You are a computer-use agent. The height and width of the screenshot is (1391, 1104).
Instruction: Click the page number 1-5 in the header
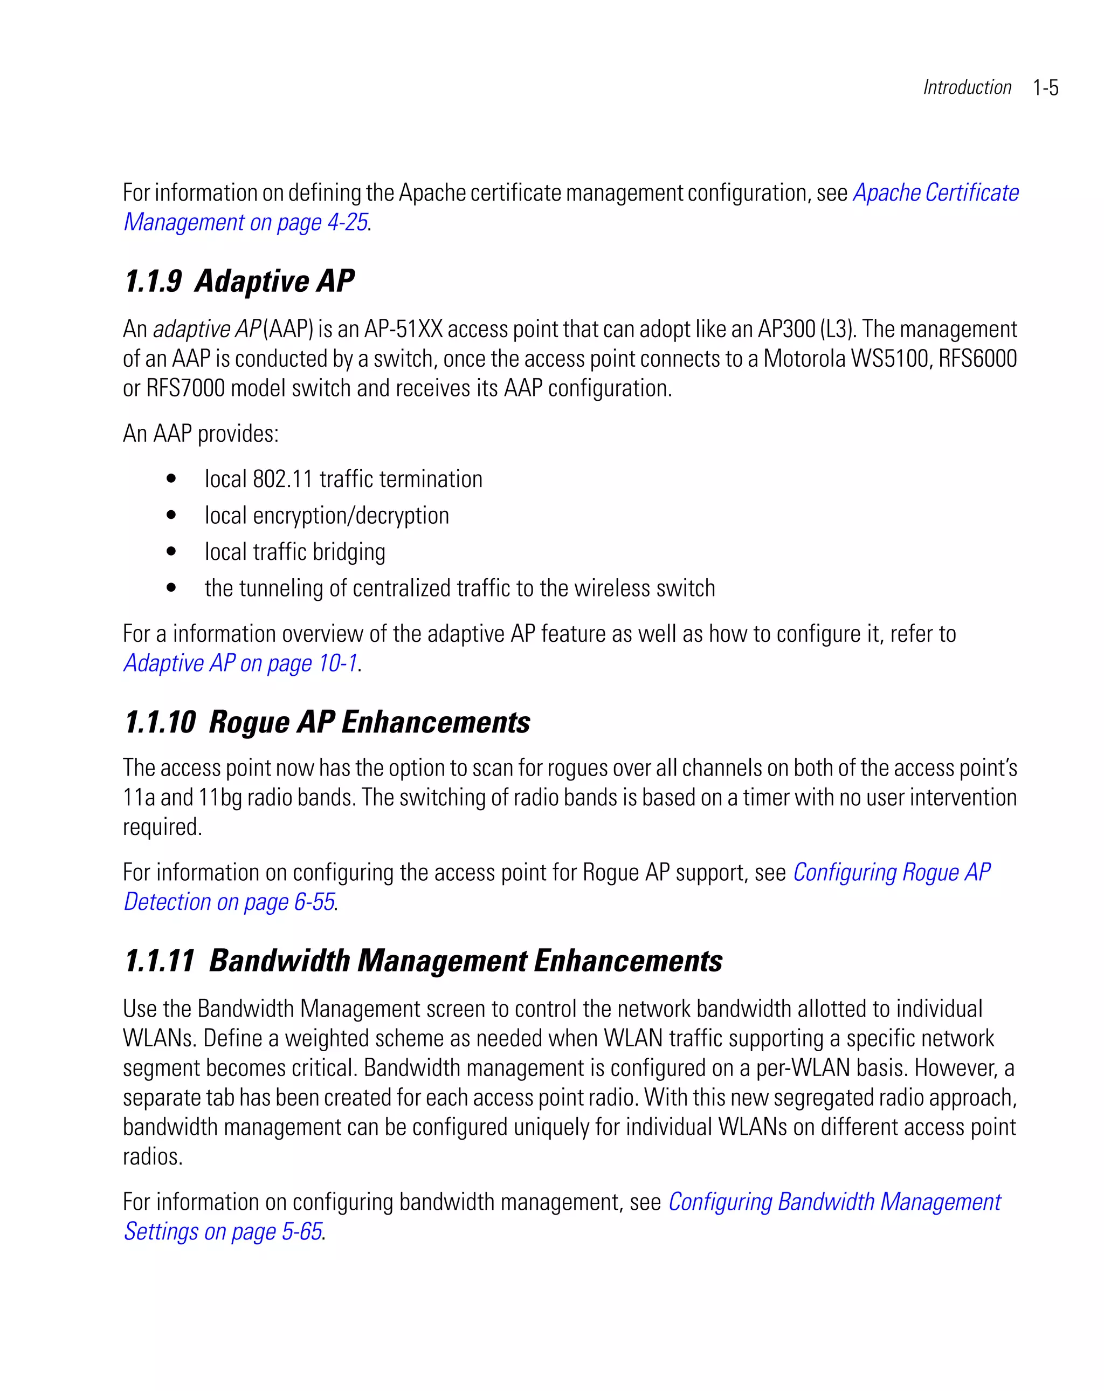click(1045, 88)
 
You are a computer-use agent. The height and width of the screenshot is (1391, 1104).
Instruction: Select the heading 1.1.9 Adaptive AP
click(239, 282)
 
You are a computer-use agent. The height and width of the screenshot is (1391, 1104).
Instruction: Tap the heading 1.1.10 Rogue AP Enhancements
click(327, 722)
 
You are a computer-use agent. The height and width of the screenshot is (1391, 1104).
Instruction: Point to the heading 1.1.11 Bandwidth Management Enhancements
click(423, 961)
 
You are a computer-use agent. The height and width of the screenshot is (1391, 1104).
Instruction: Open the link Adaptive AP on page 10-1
click(240, 663)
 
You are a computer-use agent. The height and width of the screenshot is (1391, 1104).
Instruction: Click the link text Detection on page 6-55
click(229, 902)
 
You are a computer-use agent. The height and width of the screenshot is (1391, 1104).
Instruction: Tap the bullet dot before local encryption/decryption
click(171, 515)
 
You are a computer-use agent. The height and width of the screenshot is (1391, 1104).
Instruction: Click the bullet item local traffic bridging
click(295, 552)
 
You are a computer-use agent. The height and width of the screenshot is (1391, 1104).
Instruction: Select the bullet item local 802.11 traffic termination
click(343, 479)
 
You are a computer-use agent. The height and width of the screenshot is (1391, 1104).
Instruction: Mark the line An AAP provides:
click(201, 434)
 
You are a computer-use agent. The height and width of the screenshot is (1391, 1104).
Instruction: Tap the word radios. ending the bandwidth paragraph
click(153, 1156)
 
